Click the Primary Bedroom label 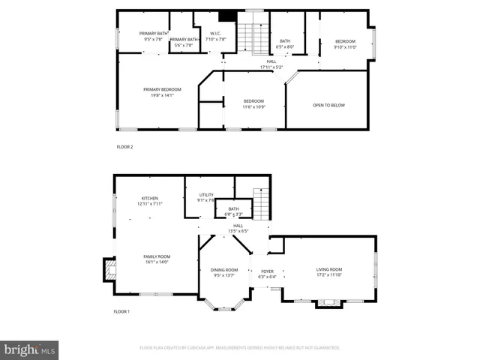163,92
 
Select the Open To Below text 328,105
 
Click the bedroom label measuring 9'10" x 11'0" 345,44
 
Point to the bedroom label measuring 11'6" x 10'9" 253,103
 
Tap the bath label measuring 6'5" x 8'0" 285,44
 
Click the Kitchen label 150,201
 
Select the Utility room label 206,197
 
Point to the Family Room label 157,259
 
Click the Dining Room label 223,272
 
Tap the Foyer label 268,274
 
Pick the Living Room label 328,272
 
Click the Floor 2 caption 124,146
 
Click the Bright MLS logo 30,349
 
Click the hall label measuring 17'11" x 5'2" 271,64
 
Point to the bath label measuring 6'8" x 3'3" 233,211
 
